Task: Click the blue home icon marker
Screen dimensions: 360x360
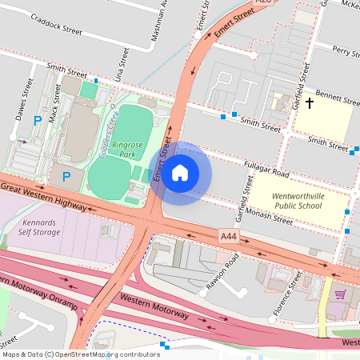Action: tap(180, 173)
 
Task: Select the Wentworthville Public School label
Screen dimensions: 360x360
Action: tap(298, 200)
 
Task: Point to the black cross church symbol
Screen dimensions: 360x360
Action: tap(309, 103)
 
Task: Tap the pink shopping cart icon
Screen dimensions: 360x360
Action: tap(341, 294)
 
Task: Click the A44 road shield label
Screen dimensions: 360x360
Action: tap(229, 236)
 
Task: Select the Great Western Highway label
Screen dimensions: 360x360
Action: tap(44, 196)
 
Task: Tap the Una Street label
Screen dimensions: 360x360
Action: tap(122, 62)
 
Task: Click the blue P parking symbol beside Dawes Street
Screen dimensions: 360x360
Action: tap(37, 122)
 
